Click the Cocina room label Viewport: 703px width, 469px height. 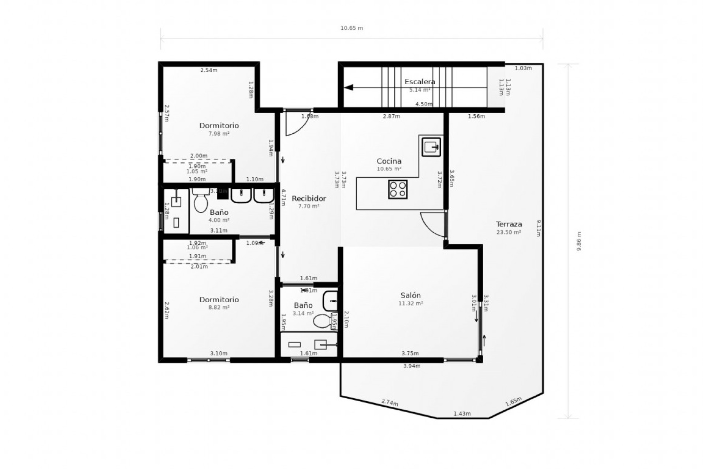(x=389, y=161)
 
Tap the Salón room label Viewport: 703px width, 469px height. (x=410, y=295)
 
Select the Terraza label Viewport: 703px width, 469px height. (x=509, y=224)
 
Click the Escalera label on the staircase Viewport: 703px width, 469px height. (x=420, y=82)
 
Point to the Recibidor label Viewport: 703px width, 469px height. (x=309, y=199)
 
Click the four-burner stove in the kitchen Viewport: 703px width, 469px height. (x=398, y=189)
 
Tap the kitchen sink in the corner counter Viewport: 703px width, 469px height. (x=431, y=147)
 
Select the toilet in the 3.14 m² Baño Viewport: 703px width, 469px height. (x=321, y=321)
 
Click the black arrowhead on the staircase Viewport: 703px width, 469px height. (x=349, y=88)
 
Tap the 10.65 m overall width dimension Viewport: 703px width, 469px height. (x=351, y=28)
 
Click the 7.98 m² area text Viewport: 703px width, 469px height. (x=219, y=134)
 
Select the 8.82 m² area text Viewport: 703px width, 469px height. (x=219, y=307)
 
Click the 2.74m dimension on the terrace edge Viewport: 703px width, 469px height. (x=390, y=402)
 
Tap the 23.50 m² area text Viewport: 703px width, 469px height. (x=509, y=232)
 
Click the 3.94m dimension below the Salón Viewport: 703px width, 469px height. (x=412, y=366)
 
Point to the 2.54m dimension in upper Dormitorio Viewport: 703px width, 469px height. (x=209, y=70)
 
